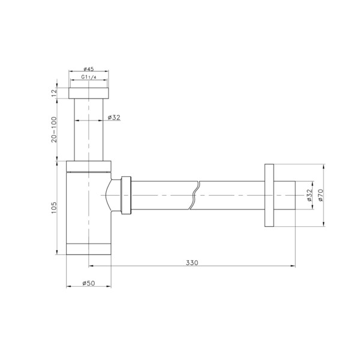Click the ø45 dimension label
click(x=89, y=68)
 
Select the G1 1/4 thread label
click(x=89, y=77)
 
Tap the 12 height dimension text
click(x=54, y=93)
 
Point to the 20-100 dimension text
click(x=54, y=130)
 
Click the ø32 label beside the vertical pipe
click(x=114, y=118)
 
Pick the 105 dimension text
click(x=54, y=208)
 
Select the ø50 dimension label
click(x=89, y=283)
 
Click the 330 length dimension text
click(x=192, y=262)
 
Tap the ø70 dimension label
click(x=321, y=195)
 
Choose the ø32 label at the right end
click(x=309, y=195)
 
